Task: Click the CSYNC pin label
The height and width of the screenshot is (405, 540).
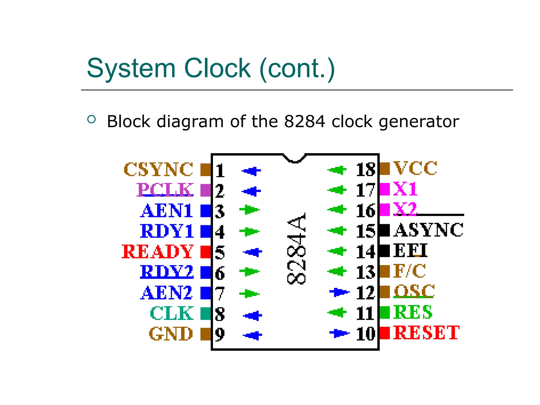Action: (158, 169)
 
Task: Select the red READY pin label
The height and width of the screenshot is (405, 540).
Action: (157, 252)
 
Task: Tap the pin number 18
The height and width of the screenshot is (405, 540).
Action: (365, 169)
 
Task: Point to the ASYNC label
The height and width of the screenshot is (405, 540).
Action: (428, 230)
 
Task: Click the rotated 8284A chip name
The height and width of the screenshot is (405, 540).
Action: (296, 248)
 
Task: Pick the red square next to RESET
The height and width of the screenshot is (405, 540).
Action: (384, 333)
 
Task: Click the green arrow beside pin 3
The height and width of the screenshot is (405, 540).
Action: (249, 210)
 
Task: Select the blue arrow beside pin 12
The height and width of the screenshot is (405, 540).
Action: (339, 292)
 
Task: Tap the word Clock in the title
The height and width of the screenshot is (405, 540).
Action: (218, 68)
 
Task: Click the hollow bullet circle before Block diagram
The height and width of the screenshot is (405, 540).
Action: (91, 119)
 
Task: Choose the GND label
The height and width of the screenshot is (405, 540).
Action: (171, 334)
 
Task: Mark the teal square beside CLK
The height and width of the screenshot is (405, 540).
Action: (205, 314)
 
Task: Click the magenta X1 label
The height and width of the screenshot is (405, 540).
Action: (405, 189)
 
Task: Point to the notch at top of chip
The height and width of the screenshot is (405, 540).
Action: (295, 158)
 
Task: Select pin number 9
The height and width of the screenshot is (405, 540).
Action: (220, 334)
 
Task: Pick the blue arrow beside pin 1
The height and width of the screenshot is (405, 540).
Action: (251, 171)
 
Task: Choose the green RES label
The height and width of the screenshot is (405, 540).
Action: (413, 312)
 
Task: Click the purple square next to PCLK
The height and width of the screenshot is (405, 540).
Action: (205, 190)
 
